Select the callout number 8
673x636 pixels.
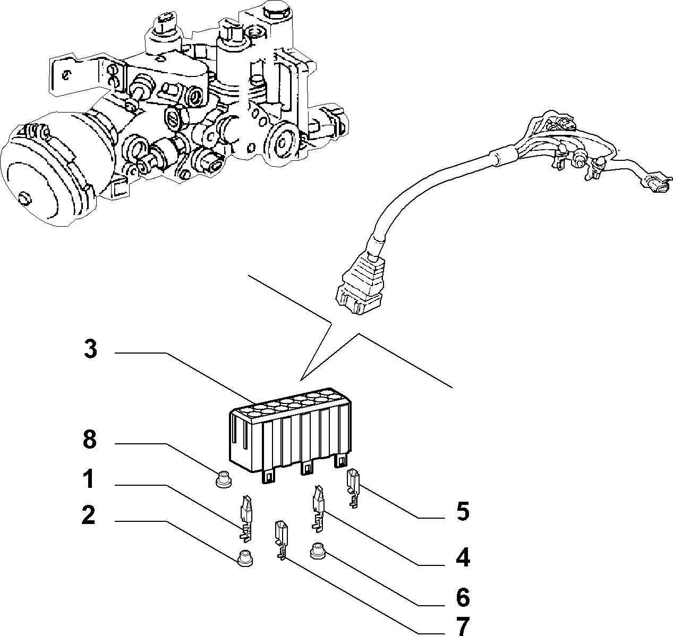click(x=90, y=440)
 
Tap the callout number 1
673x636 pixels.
click(x=89, y=479)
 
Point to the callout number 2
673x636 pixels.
click(x=88, y=515)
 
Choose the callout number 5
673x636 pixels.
click(x=463, y=512)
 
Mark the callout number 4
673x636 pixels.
click(x=463, y=557)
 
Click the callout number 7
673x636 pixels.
click(x=463, y=626)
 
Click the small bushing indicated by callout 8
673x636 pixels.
click(x=224, y=480)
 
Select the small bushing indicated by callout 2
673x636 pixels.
click(x=245, y=558)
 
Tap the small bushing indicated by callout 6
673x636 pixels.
click(x=318, y=550)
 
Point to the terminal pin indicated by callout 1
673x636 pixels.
click(x=246, y=519)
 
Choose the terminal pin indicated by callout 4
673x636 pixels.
click(x=318, y=509)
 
